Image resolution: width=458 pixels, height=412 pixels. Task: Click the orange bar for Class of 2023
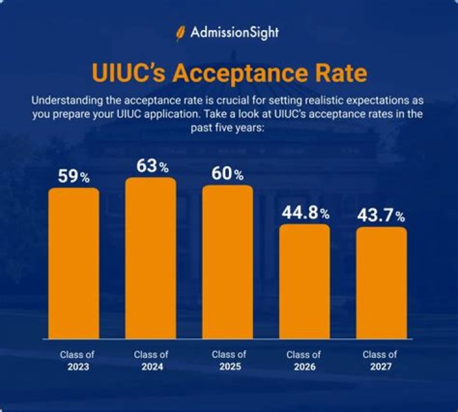click(x=74, y=262)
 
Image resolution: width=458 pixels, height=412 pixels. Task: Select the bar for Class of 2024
click(x=151, y=257)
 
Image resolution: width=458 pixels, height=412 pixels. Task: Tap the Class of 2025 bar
click(x=227, y=261)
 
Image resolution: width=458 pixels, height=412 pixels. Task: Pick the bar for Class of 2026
click(x=305, y=281)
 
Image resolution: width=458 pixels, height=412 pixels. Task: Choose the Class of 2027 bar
click(x=381, y=282)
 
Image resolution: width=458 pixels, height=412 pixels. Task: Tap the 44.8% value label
click(x=305, y=213)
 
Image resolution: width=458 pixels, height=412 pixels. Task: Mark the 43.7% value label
click(x=382, y=216)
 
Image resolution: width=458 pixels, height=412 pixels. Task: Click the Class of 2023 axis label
click(x=74, y=361)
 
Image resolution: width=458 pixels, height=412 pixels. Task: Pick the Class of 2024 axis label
click(x=151, y=361)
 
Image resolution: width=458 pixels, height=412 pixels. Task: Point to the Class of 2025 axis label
click(x=228, y=361)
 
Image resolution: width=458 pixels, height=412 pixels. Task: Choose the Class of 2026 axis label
click(x=303, y=361)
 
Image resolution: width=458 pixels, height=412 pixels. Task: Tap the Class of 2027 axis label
click(x=380, y=361)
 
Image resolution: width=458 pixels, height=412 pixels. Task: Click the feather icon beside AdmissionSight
click(x=181, y=32)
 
